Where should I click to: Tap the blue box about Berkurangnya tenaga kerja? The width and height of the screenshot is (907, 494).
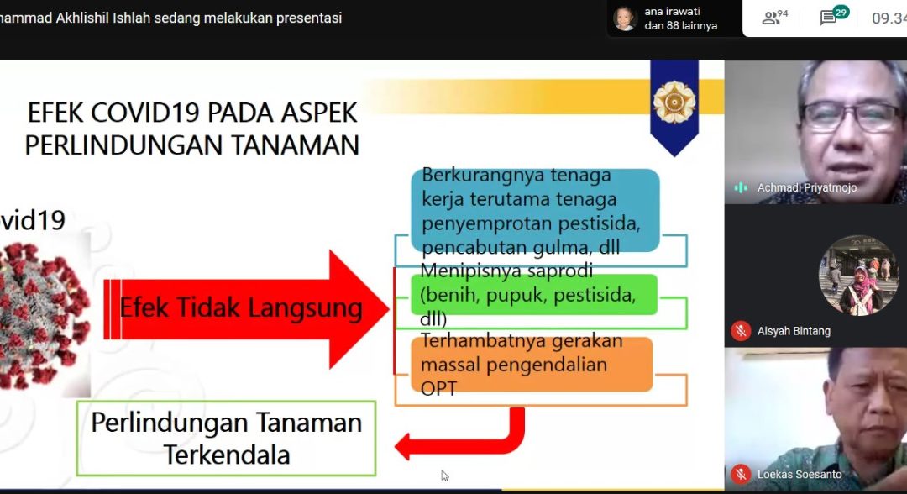pos(535,211)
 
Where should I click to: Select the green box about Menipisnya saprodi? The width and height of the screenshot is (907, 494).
pos(534,294)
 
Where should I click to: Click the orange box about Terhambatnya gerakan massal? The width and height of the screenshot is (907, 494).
pos(532,365)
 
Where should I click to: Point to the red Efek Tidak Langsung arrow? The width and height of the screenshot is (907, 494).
pos(246,309)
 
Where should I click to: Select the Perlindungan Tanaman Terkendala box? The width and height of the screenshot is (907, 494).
pos(226,439)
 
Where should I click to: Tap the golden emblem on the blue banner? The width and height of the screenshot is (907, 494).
pos(674,102)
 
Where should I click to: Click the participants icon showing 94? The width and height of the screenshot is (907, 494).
pos(774,18)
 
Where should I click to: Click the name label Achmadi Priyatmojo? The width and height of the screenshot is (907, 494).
pos(807,187)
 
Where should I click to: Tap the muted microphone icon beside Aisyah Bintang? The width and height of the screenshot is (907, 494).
pos(741,331)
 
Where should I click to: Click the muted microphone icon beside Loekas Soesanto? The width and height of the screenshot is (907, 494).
pos(741,475)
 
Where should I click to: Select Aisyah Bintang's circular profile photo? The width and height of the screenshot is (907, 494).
pos(858,276)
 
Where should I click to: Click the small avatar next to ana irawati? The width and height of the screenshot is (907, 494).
pos(625,18)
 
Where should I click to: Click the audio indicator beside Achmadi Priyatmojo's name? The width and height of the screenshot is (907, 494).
pos(741,187)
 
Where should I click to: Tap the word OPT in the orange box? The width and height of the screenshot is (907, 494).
pos(438,389)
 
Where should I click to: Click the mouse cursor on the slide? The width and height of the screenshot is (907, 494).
pos(444,476)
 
